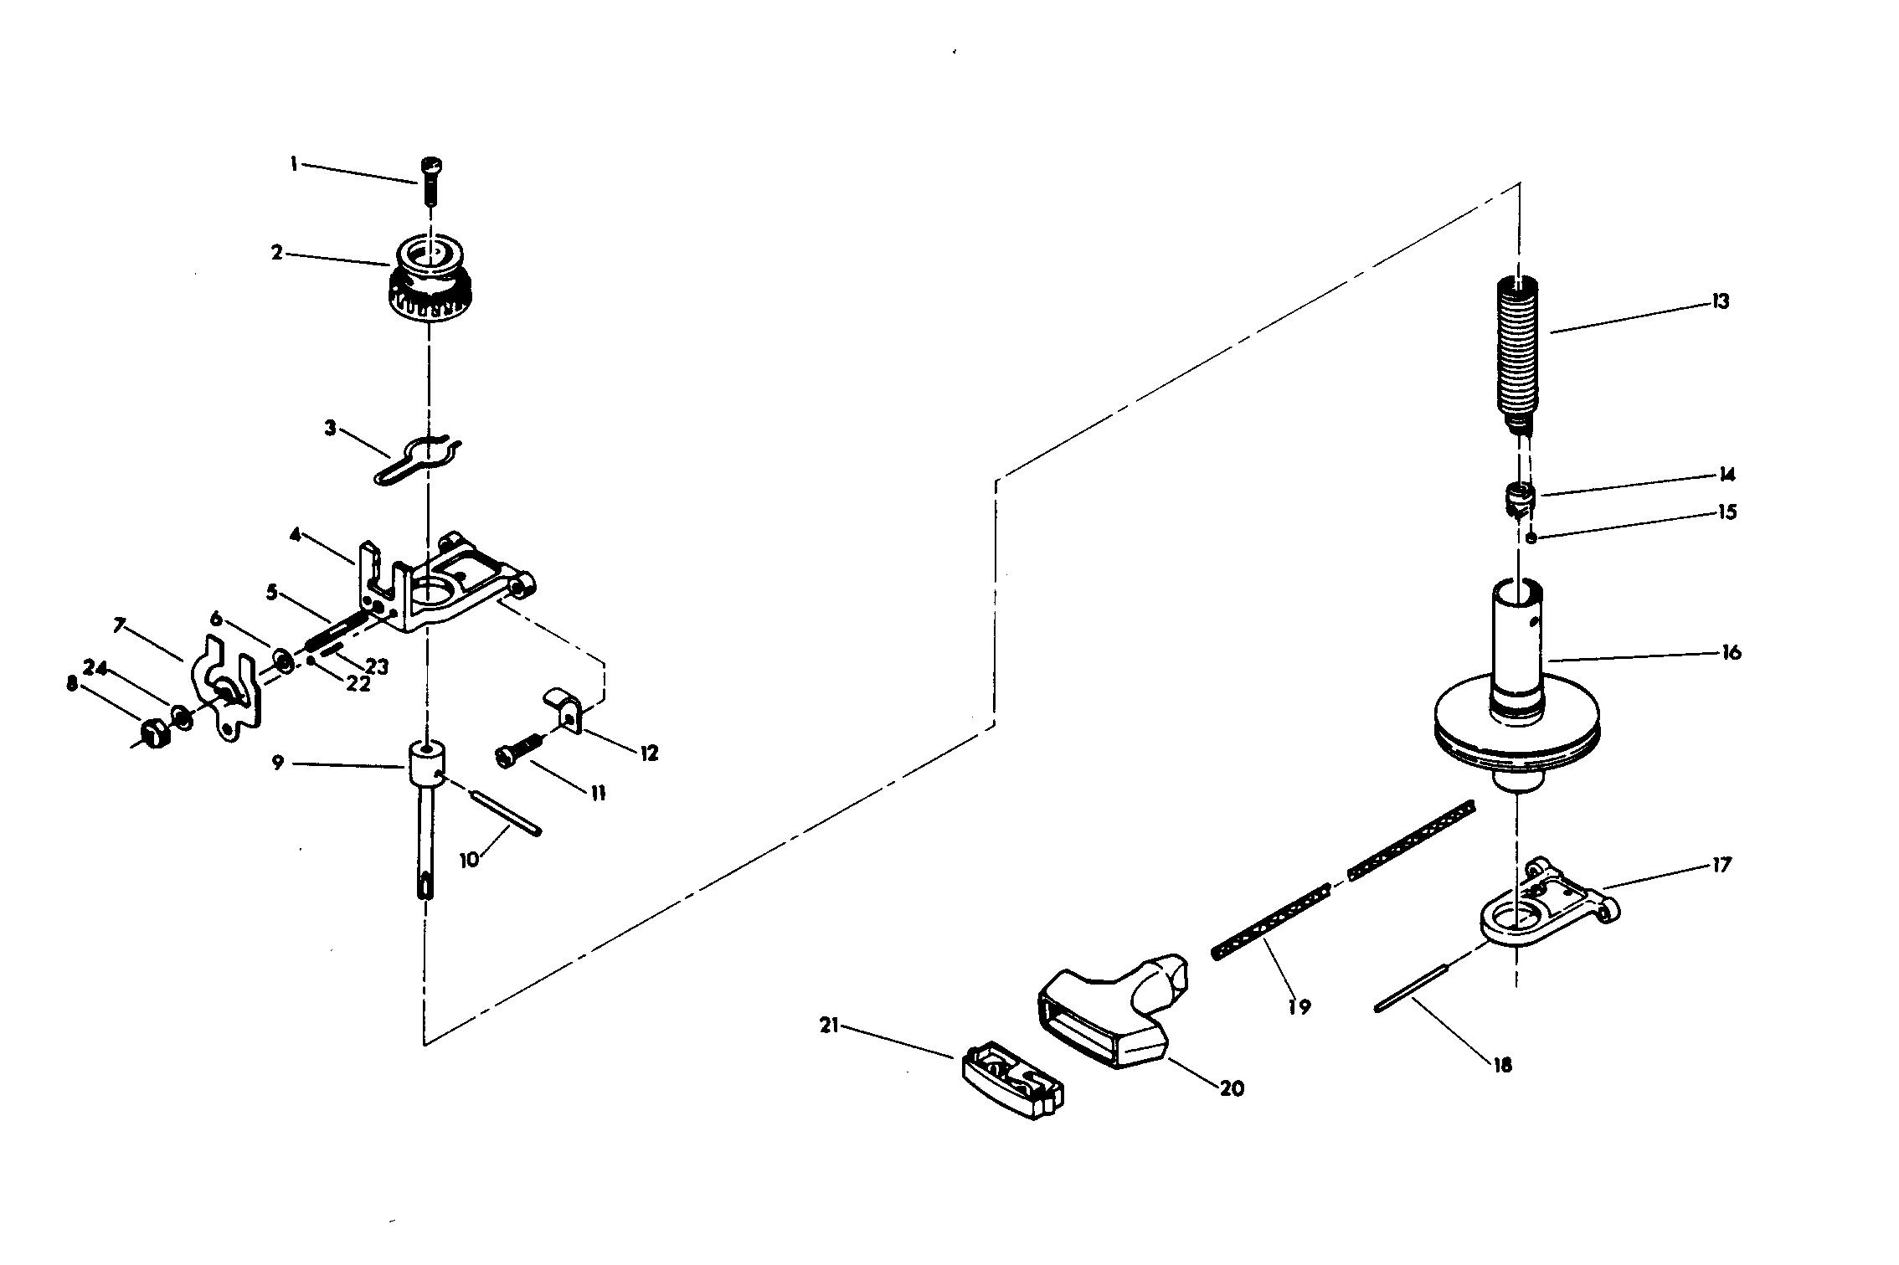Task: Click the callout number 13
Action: pos(1720,301)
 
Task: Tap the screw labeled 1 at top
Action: pos(431,179)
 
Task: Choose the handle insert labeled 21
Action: pos(1011,1080)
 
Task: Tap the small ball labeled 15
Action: pos(1531,538)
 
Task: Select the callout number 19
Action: pos(1299,1007)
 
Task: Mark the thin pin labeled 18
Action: pos(1411,990)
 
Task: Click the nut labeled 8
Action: pos(153,734)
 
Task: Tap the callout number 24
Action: pos(95,668)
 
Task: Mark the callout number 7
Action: pos(120,625)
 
